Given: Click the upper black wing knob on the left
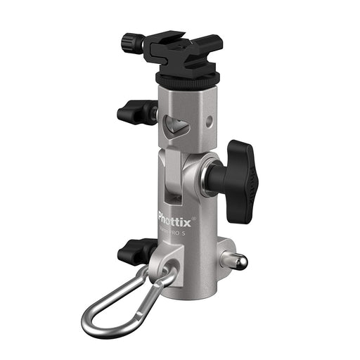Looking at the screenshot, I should coord(134,111).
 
